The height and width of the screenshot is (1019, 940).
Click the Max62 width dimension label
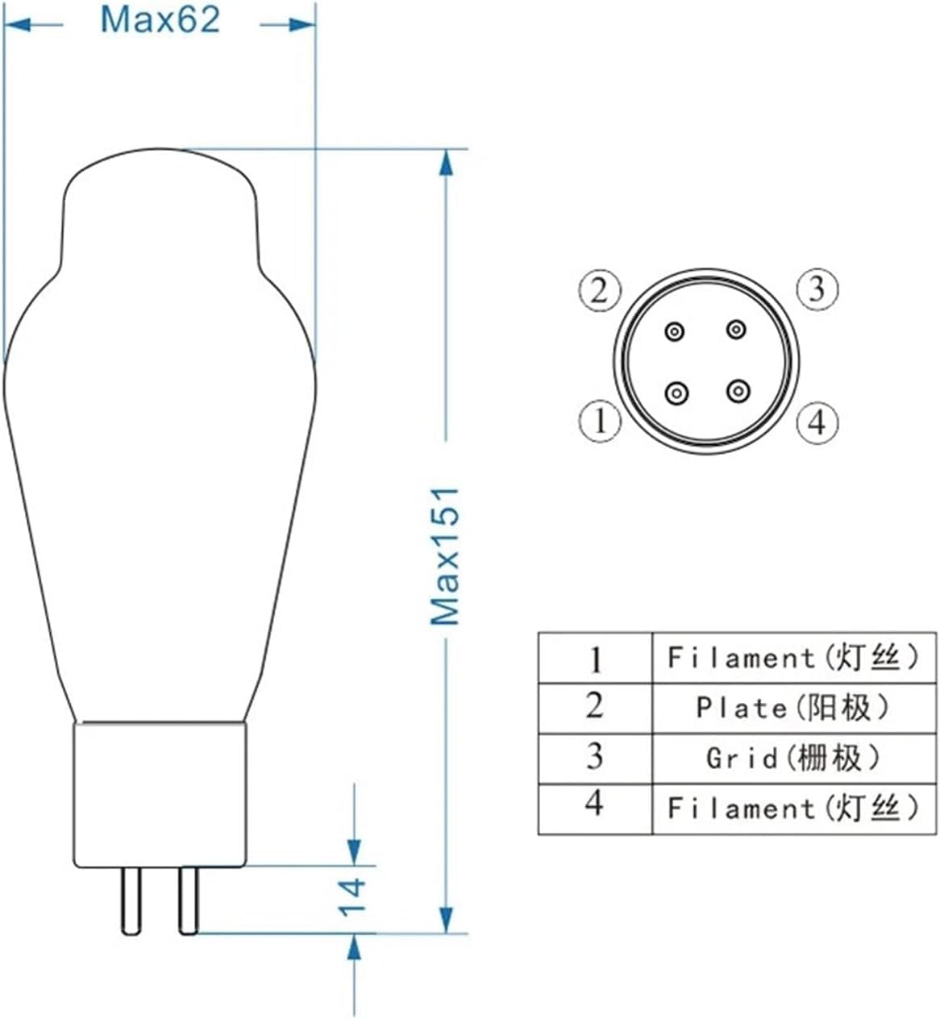click(160, 20)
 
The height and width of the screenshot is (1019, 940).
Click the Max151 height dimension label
click(444, 556)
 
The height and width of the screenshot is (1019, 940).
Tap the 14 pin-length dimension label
click(352, 896)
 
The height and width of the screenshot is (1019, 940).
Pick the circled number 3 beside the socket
click(817, 289)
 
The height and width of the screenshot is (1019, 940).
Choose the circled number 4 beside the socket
click(817, 421)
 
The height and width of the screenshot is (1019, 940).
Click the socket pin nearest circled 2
click(675, 331)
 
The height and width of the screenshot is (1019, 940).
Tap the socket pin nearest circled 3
click(736, 330)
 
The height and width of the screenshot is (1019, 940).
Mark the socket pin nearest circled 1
click(676, 393)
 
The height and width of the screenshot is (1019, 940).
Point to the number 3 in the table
click(594, 756)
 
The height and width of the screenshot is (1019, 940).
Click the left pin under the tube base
click(131, 900)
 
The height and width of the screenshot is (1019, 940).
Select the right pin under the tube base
click(189, 900)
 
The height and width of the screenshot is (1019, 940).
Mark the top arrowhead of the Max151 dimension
click(445, 161)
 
